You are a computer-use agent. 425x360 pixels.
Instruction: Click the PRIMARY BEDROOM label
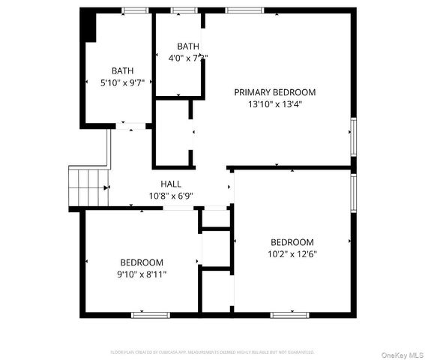point(275,92)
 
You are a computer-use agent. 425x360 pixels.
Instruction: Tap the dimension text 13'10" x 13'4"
point(275,105)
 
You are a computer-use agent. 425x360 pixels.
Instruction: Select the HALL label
point(171,184)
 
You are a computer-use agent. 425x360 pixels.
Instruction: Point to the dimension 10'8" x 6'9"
point(171,196)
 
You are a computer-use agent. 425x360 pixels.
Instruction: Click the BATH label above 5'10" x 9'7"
point(123,71)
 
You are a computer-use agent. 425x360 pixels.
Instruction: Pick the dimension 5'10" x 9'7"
point(123,83)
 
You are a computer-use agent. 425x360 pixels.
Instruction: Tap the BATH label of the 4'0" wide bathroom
point(187,46)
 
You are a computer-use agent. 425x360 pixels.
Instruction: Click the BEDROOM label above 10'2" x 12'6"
point(292,242)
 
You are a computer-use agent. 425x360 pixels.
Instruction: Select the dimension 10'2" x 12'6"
point(292,254)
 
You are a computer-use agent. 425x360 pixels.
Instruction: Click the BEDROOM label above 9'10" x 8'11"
point(142,262)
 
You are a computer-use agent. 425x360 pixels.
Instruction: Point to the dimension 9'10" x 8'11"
point(142,274)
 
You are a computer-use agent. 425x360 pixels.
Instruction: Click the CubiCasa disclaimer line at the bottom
point(212,351)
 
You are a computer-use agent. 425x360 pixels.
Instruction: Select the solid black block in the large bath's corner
point(88,27)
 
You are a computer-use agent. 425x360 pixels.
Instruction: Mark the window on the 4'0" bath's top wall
point(182,10)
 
